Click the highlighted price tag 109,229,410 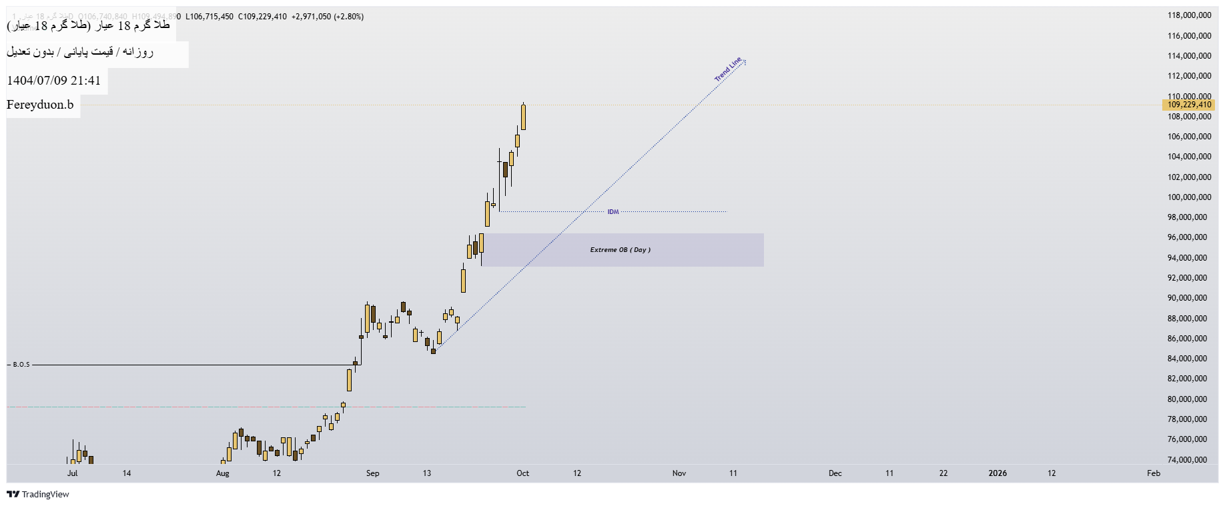[1189, 105]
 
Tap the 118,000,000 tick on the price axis [1189, 15]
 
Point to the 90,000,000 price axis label [1189, 298]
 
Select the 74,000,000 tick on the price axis [1189, 460]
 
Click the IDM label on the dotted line [613, 212]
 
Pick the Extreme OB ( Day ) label [620, 250]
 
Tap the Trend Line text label [728, 69]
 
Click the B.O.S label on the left [21, 365]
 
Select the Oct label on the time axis [522, 473]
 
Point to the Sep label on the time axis [372, 473]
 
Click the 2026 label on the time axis [997, 473]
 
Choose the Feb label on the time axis [1154, 473]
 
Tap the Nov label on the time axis [679, 473]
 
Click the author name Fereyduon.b [40, 105]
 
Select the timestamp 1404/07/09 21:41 [54, 81]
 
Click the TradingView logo [38, 494]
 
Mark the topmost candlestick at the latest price [524, 117]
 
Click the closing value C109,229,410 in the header [262, 17]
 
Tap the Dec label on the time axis [835, 473]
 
